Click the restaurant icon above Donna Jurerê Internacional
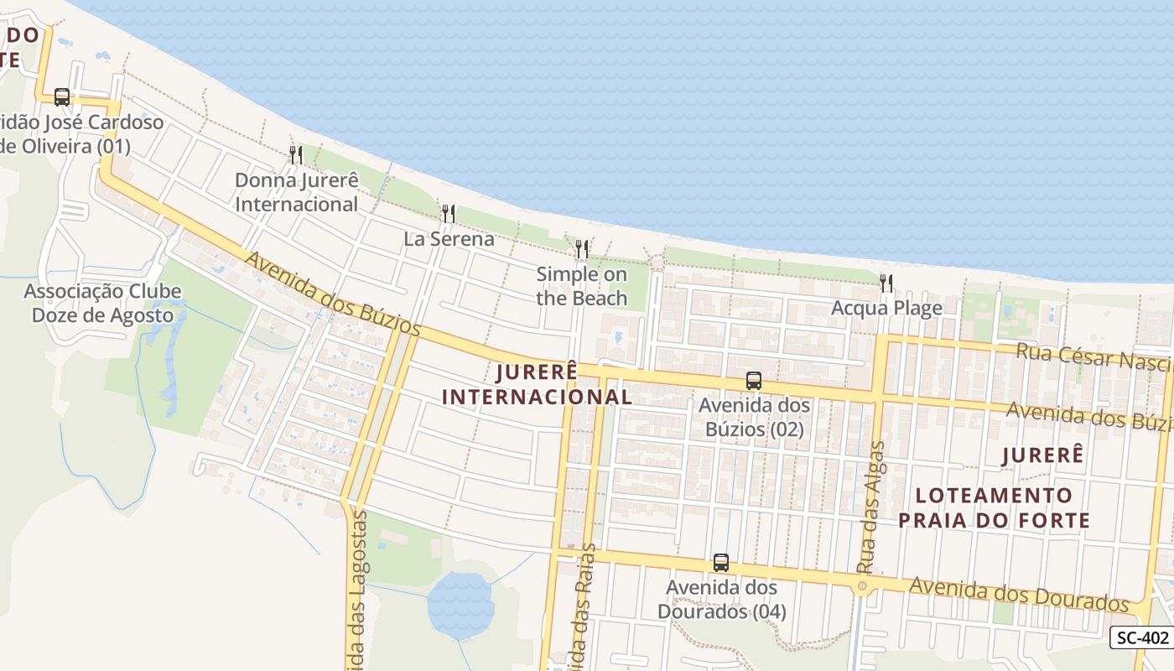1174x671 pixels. pyautogui.click(x=295, y=154)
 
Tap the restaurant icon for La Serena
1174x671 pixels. pyautogui.click(x=449, y=213)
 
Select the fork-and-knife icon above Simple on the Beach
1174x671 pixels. pyautogui.click(x=581, y=248)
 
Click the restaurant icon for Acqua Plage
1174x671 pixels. pyautogui.click(x=886, y=283)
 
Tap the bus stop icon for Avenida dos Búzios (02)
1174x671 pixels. pyautogui.click(x=754, y=381)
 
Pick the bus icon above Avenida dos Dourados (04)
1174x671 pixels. pyautogui.click(x=721, y=563)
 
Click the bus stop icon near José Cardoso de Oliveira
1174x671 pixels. pyautogui.click(x=62, y=96)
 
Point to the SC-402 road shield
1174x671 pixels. pyautogui.click(x=1142, y=637)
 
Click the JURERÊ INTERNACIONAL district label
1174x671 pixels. pyautogui.click(x=537, y=384)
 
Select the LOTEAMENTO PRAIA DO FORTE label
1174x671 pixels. pyautogui.click(x=994, y=507)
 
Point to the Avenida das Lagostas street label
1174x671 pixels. pyautogui.click(x=356, y=587)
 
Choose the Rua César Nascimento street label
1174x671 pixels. pyautogui.click(x=1093, y=356)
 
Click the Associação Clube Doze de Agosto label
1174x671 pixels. pyautogui.click(x=103, y=304)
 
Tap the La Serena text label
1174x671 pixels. pyautogui.click(x=449, y=239)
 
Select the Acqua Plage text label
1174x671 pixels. pyautogui.click(x=886, y=309)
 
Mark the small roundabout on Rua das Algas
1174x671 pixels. pyautogui.click(x=862, y=585)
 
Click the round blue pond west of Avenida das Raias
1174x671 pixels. pyautogui.click(x=460, y=604)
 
